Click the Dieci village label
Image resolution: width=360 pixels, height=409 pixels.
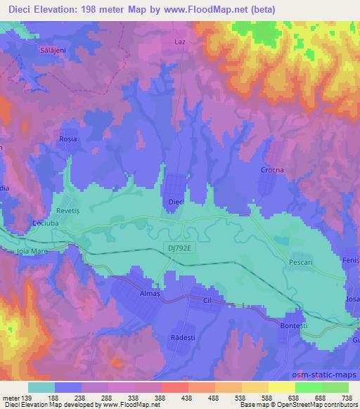(x=176, y=202)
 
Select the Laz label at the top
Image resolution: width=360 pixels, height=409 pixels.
(x=179, y=41)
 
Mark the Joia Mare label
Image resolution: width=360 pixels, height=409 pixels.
(x=30, y=251)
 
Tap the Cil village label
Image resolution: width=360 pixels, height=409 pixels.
(x=207, y=299)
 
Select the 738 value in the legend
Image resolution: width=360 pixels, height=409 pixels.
(x=346, y=398)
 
